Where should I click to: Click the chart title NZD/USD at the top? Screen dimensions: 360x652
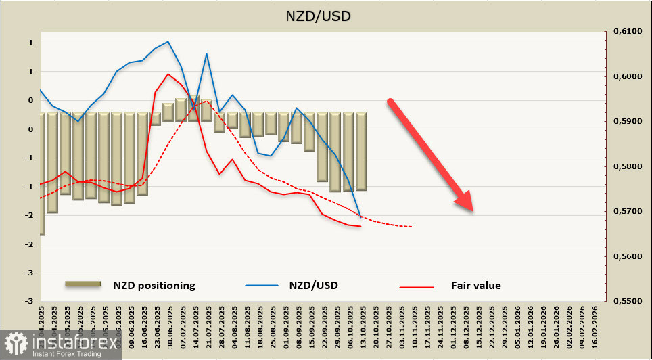click(325, 15)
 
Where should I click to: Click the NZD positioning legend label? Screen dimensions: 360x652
click(154, 285)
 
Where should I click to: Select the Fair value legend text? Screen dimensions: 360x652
click(476, 285)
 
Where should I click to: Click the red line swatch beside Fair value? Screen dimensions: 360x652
click(416, 286)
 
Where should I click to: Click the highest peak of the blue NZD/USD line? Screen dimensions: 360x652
click(168, 41)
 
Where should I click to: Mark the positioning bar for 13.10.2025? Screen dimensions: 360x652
click(361, 152)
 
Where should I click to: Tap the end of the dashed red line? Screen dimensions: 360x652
click(412, 227)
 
